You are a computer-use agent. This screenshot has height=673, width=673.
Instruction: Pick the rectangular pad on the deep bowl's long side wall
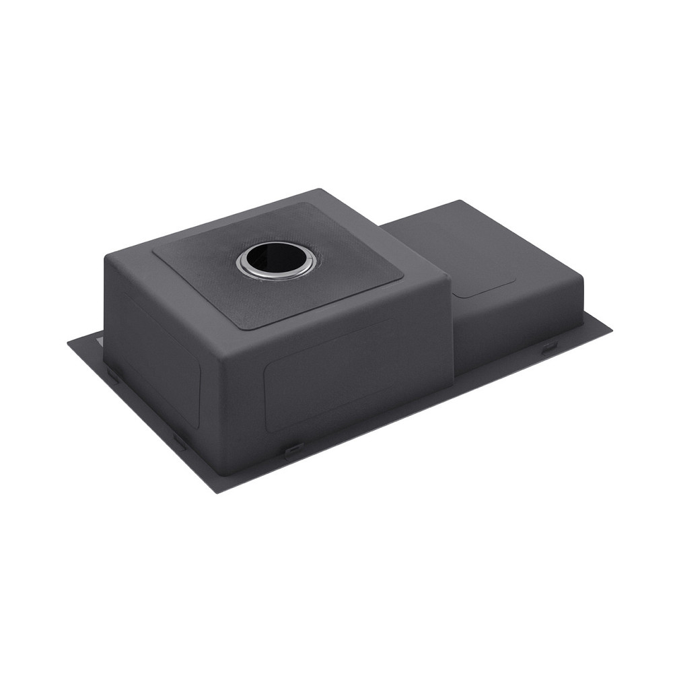coord(330,377)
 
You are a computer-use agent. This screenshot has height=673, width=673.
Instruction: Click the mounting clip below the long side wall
coord(293,450)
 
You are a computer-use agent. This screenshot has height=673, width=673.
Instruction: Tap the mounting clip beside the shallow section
coord(548,347)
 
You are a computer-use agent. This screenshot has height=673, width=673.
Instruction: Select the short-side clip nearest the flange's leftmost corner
coord(112,374)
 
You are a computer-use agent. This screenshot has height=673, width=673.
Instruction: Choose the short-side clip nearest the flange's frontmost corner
coord(180,441)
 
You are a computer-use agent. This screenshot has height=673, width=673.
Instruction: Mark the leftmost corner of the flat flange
coord(68,343)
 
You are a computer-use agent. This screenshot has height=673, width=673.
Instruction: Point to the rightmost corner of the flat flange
coord(611,330)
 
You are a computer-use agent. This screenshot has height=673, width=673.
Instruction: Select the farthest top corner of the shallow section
coord(460,201)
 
